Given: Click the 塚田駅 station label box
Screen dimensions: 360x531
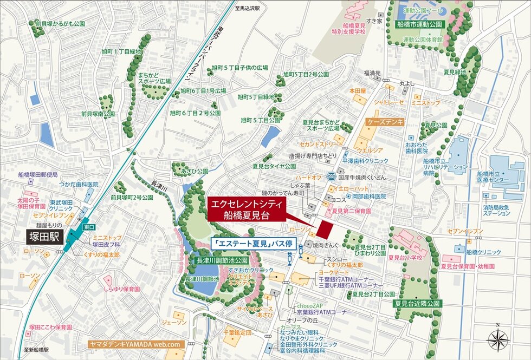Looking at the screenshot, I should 45,237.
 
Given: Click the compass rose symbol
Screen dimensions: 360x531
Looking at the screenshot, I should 498,339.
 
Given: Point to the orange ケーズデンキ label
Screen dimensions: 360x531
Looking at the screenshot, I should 385,123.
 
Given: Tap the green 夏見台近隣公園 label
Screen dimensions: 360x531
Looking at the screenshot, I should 418,303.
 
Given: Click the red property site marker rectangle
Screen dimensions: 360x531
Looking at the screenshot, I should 323,230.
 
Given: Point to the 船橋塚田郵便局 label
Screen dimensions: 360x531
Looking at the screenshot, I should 38,174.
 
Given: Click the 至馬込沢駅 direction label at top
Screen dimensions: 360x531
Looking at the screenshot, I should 248,9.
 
